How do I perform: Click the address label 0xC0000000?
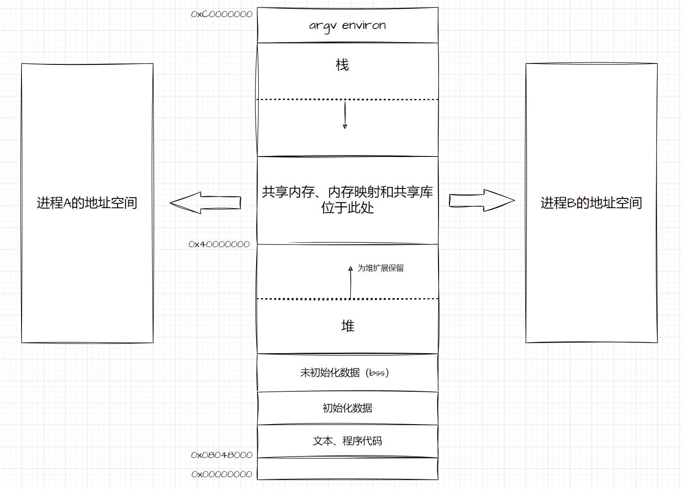pyautogui.click(x=221, y=14)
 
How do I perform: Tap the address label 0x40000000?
pyautogui.click(x=219, y=244)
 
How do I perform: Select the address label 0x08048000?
pyautogui.click(x=221, y=455)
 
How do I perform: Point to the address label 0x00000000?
pyautogui.click(x=221, y=474)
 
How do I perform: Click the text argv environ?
pyautogui.click(x=347, y=25)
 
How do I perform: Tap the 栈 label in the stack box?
pyautogui.click(x=342, y=65)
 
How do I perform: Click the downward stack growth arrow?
pyautogui.click(x=345, y=115)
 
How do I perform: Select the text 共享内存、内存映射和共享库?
pyautogui.click(x=347, y=192)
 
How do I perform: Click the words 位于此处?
pyautogui.click(x=347, y=207)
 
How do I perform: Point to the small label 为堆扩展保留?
pyautogui.click(x=380, y=268)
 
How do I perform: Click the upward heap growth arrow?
pyautogui.click(x=350, y=282)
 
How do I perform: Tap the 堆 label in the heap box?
pyautogui.click(x=347, y=326)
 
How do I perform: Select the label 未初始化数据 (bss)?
pyautogui.click(x=344, y=372)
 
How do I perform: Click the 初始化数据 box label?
pyautogui.click(x=347, y=408)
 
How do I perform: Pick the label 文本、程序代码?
pyautogui.click(x=347, y=441)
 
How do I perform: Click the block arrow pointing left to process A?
pyautogui.click(x=205, y=202)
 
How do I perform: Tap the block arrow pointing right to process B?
pyautogui.click(x=482, y=201)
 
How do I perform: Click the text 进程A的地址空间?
pyautogui.click(x=87, y=203)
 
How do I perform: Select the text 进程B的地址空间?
pyautogui.click(x=591, y=203)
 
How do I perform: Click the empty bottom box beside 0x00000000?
pyautogui.click(x=347, y=469)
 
